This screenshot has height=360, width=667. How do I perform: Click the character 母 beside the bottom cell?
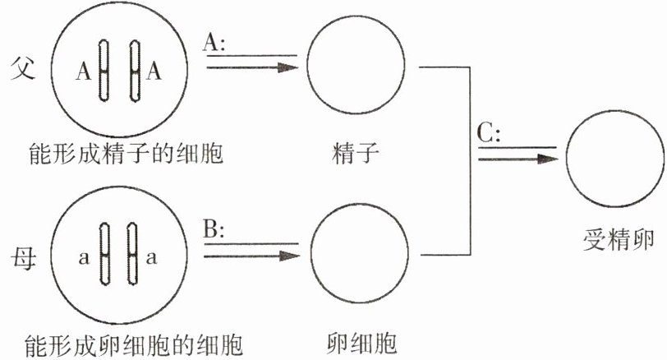[x=23, y=258]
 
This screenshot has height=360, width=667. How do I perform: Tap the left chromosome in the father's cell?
[x=103, y=71]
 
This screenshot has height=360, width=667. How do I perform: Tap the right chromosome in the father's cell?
[x=135, y=71]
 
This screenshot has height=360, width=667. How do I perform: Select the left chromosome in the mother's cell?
[x=104, y=254]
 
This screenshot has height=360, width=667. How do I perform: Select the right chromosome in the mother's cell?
[x=133, y=254]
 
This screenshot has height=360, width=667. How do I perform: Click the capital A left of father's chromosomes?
[x=84, y=71]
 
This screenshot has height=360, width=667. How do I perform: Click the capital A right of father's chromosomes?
[x=154, y=71]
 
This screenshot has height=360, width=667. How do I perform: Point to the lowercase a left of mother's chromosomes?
[x=85, y=258]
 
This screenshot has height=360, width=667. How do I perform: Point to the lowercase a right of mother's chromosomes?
[x=151, y=258]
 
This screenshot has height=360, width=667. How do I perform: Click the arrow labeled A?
[x=252, y=67]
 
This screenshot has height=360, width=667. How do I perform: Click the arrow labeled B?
[x=252, y=256]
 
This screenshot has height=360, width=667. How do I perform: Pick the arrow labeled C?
[x=517, y=159]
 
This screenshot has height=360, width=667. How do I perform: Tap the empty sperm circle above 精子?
[x=356, y=65]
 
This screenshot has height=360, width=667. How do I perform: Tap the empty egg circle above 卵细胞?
[x=360, y=253]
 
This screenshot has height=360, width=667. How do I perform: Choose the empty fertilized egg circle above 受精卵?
[x=615, y=159]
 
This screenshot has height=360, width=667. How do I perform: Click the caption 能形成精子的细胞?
[x=126, y=154]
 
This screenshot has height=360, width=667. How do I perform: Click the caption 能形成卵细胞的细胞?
[x=134, y=344]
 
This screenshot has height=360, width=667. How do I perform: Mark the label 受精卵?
[x=618, y=239]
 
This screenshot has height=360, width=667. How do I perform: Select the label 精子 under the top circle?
[x=355, y=154]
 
